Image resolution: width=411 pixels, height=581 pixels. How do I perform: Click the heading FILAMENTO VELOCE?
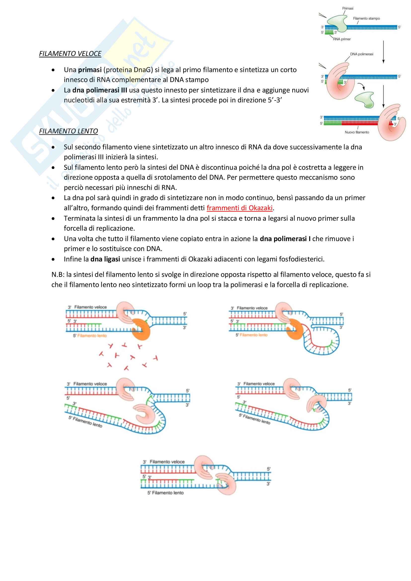[x=70, y=54]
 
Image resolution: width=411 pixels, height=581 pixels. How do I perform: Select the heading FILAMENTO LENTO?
[x=68, y=131]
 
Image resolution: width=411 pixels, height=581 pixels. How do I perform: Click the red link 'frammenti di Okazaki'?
[x=239, y=208]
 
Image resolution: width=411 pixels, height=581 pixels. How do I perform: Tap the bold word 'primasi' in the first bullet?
[x=90, y=70]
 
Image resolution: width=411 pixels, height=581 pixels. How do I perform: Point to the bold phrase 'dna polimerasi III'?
[x=100, y=90]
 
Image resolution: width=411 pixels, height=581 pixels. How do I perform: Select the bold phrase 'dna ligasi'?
[x=105, y=259]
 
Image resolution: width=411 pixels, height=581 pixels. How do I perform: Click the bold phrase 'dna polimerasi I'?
[x=285, y=239]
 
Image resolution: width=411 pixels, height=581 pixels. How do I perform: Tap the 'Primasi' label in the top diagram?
[x=348, y=8]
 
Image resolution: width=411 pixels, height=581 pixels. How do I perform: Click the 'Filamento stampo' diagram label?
[x=366, y=18]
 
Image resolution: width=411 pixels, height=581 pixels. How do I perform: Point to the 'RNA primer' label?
[x=342, y=39]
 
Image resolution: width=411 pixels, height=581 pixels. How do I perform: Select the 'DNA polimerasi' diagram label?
[x=361, y=54]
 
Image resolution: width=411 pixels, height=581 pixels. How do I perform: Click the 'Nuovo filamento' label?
[x=357, y=132]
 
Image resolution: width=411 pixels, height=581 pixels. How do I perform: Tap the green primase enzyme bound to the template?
[x=338, y=23]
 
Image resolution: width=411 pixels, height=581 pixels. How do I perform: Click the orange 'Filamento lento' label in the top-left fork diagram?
[x=92, y=335]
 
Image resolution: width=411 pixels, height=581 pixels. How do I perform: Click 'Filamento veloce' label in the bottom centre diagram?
[x=167, y=462]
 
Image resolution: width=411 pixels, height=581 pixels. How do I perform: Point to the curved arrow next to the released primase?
[x=362, y=86]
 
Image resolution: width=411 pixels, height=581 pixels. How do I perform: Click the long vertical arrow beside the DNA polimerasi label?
[x=383, y=52]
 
